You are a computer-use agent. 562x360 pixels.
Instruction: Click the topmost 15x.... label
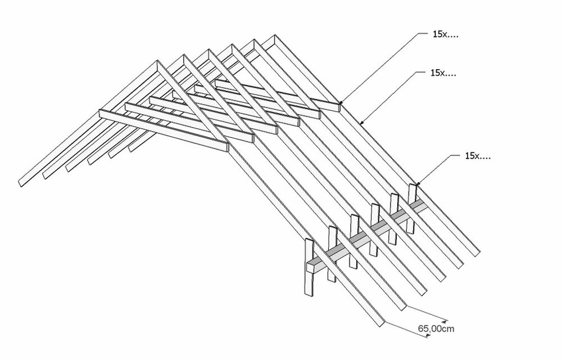[446, 34]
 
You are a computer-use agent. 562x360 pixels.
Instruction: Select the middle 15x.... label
[443, 73]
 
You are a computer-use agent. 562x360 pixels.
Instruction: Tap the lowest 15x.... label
[478, 156]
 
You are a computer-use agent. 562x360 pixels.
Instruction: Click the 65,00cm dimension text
[436, 328]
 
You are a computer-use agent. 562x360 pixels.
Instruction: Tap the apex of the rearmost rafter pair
[275, 35]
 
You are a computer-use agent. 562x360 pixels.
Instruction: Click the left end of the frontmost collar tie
[100, 114]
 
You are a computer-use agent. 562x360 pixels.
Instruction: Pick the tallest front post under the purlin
[309, 267]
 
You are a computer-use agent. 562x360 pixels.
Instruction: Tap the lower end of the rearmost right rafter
[477, 252]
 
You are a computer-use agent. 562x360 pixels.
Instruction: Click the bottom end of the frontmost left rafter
[20, 182]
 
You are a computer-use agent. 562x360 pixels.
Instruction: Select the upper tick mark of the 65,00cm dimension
[445, 320]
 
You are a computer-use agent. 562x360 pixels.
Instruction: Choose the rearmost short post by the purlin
[412, 208]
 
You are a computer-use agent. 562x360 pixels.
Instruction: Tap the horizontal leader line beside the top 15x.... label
[423, 33]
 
